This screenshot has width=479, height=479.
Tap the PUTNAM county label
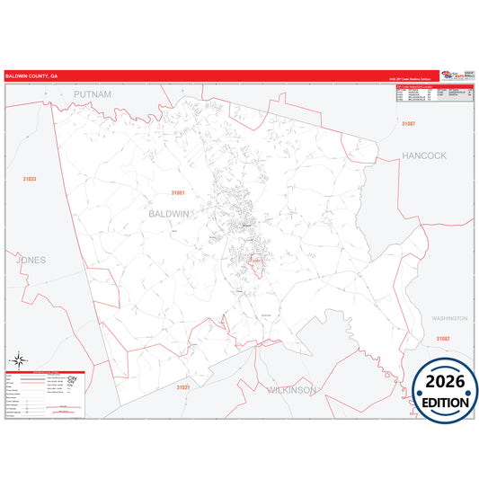click(x=93, y=94)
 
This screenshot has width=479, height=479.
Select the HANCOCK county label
click(x=423, y=155)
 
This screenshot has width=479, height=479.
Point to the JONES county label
click(x=31, y=260)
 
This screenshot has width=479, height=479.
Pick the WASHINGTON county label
click(x=449, y=318)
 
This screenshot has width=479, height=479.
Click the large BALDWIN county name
click(x=168, y=214)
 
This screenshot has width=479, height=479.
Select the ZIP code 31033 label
click(x=31, y=179)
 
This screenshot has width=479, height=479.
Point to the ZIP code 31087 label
click(x=409, y=122)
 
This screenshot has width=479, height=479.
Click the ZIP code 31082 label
click(x=443, y=338)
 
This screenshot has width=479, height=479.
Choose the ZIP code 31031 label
click(x=183, y=386)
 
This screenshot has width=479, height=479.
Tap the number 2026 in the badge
click(x=447, y=380)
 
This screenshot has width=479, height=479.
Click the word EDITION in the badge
click(x=447, y=402)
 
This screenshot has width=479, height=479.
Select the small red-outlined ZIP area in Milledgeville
click(x=253, y=262)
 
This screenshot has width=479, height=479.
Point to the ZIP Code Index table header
click(x=412, y=87)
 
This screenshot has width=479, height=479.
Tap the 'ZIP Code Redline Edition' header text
click(x=412, y=81)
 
